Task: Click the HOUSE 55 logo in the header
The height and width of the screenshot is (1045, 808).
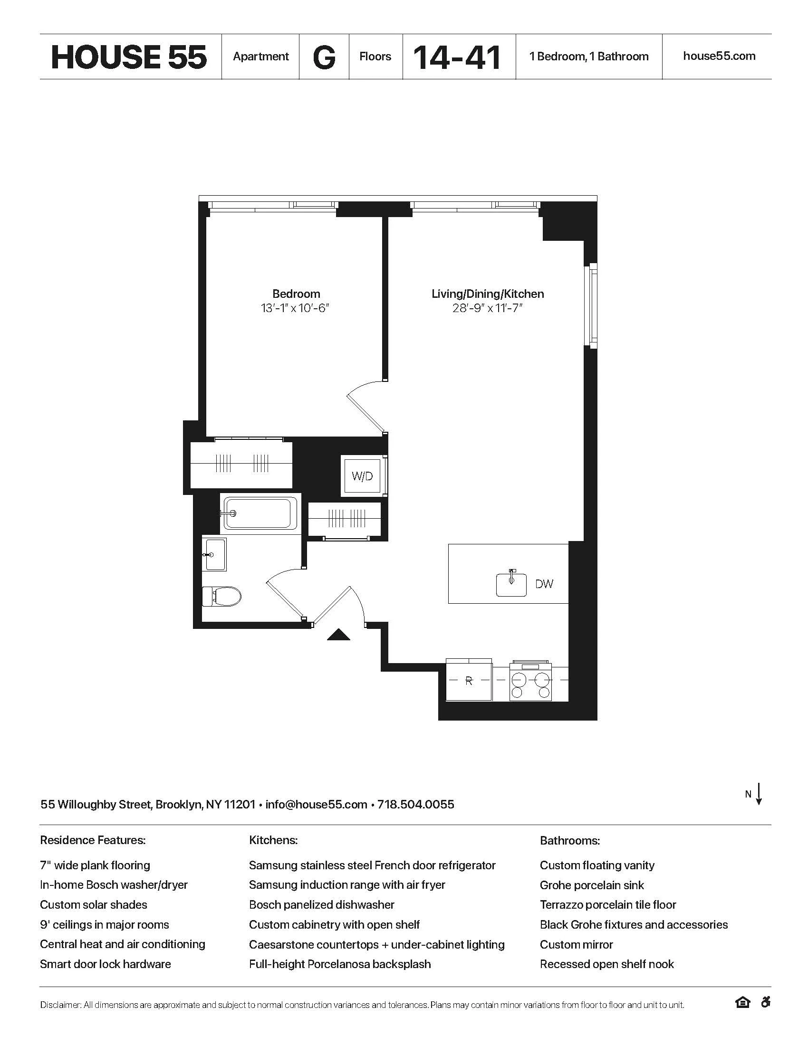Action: click(x=129, y=57)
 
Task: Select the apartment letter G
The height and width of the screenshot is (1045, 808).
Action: click(x=324, y=57)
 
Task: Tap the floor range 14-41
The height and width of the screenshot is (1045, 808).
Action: click(x=457, y=57)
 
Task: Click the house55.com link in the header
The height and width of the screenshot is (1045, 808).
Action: click(x=719, y=56)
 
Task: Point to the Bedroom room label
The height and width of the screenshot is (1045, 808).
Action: click(x=296, y=294)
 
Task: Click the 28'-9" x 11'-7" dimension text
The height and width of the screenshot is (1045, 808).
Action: click(x=487, y=308)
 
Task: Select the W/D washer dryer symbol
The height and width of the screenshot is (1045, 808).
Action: click(x=362, y=476)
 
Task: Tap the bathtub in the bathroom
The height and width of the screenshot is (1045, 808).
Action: click(x=260, y=514)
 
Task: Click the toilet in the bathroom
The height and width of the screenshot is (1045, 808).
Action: click(x=222, y=597)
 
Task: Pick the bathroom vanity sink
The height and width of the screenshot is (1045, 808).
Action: click(x=215, y=555)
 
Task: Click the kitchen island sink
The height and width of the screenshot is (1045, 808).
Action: click(x=511, y=583)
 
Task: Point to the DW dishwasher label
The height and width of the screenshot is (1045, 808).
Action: click(x=544, y=584)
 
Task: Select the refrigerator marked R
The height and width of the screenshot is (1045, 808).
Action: click(x=469, y=680)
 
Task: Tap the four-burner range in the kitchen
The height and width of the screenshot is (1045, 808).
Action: click(x=530, y=681)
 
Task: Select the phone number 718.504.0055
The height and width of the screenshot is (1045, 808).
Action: click(x=415, y=804)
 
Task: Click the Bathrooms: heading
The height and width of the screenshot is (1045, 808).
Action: click(x=569, y=841)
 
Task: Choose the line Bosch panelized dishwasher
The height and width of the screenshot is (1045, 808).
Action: click(x=322, y=905)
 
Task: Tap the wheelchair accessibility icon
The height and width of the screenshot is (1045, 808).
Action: click(x=765, y=1002)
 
